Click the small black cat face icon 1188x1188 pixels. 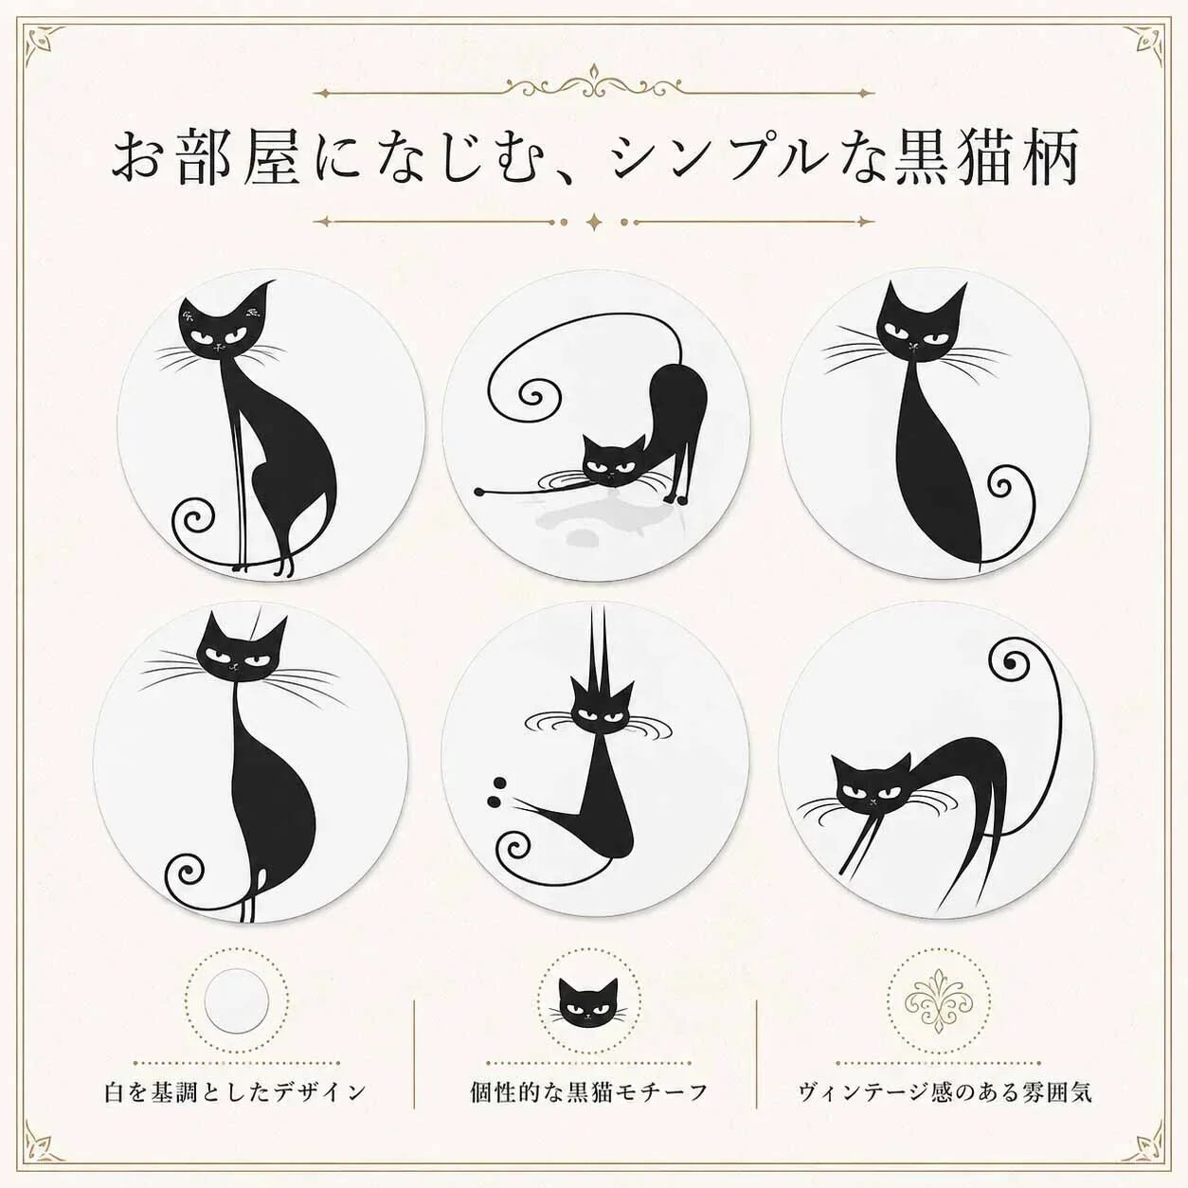point(588,1003)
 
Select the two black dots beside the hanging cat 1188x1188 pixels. point(496,792)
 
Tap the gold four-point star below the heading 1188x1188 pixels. point(594,222)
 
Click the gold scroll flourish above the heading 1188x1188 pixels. point(594,85)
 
